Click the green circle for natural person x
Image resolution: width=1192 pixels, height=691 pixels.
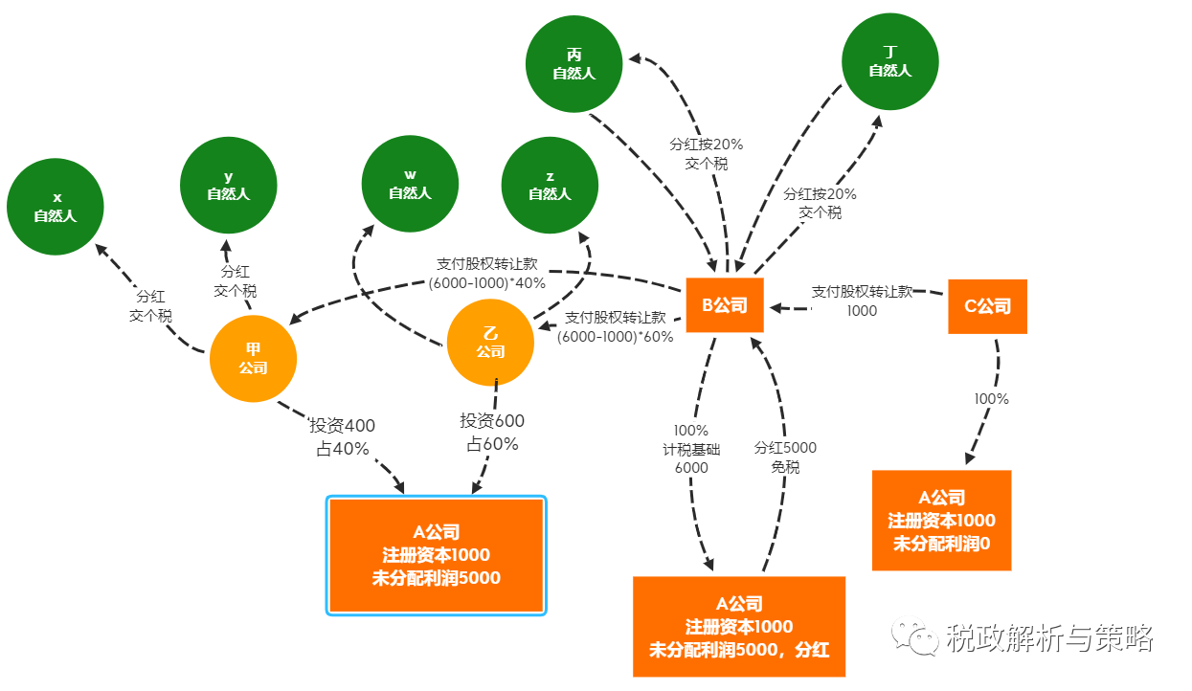click(55, 207)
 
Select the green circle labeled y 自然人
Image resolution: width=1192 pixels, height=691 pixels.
click(229, 186)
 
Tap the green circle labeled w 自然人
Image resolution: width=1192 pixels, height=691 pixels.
click(410, 185)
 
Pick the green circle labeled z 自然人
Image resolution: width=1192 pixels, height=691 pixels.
click(550, 185)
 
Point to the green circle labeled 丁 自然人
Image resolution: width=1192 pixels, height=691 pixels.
click(889, 61)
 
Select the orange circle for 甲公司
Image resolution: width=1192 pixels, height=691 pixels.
click(253, 360)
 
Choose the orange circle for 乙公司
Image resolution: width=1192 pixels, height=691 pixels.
click(490, 344)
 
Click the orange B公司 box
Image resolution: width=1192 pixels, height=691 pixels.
click(725, 305)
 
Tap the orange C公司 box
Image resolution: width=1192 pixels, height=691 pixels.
click(987, 306)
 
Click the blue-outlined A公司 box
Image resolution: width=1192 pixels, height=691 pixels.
click(437, 555)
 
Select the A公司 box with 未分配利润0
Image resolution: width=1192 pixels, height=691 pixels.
click(941, 521)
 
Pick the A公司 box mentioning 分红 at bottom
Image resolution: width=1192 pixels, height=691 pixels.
click(739, 627)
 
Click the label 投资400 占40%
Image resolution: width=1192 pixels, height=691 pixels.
click(342, 436)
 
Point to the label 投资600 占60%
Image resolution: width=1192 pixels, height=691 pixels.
click(492, 433)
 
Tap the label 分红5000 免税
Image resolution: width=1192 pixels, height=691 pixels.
click(785, 457)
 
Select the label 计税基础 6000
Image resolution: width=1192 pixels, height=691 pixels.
click(690, 449)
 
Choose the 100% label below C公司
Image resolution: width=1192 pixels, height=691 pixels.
click(991, 399)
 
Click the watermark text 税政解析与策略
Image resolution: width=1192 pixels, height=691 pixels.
click(1049, 636)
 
